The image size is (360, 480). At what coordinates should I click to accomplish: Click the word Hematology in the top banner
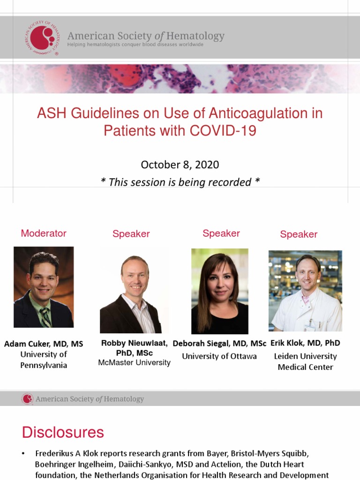tap(197, 36)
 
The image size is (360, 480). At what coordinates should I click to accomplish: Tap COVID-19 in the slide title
tap(223, 130)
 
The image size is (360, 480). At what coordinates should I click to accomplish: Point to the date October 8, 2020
tap(180, 165)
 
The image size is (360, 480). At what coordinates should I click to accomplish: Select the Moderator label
tap(44, 233)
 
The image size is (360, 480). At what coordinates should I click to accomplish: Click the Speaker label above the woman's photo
tap(221, 233)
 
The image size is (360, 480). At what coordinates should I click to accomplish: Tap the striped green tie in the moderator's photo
tap(45, 317)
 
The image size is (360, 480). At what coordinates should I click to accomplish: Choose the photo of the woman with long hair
tap(219, 291)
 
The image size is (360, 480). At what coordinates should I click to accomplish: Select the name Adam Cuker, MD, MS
tap(44, 344)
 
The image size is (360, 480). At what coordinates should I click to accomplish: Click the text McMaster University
tap(134, 363)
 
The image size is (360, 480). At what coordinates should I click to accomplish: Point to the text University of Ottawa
tap(219, 356)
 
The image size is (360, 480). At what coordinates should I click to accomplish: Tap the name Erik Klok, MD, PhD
tap(305, 343)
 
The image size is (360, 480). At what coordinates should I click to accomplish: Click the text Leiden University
tap(305, 356)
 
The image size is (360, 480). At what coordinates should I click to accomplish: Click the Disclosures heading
tap(63, 432)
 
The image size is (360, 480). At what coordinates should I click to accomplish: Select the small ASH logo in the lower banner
tap(27, 399)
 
